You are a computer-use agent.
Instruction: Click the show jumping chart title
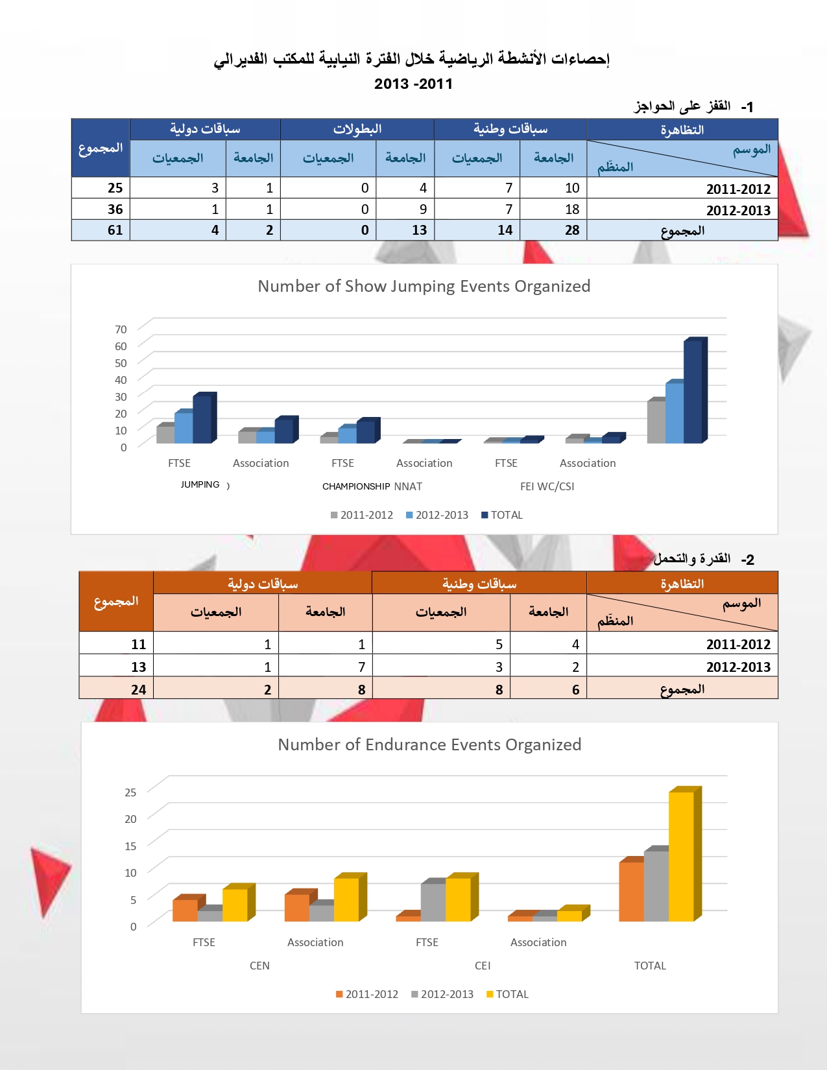click(424, 286)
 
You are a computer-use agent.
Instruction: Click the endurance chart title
click(429, 744)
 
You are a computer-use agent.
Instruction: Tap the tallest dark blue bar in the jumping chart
click(693, 391)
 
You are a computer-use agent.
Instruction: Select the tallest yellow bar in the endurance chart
click(681, 856)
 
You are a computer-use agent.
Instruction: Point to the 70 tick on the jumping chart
click(121, 329)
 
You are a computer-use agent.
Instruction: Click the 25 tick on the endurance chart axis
click(130, 792)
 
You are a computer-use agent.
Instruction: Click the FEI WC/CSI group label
click(547, 486)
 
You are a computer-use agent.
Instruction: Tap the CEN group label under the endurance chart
click(259, 966)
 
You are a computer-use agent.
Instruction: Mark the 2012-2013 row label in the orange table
click(738, 667)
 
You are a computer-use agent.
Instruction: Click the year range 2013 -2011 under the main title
click(413, 84)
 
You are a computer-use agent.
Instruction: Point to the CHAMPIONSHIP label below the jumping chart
click(356, 486)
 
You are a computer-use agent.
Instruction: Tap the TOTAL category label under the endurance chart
click(650, 966)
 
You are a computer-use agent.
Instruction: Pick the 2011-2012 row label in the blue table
click(738, 189)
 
